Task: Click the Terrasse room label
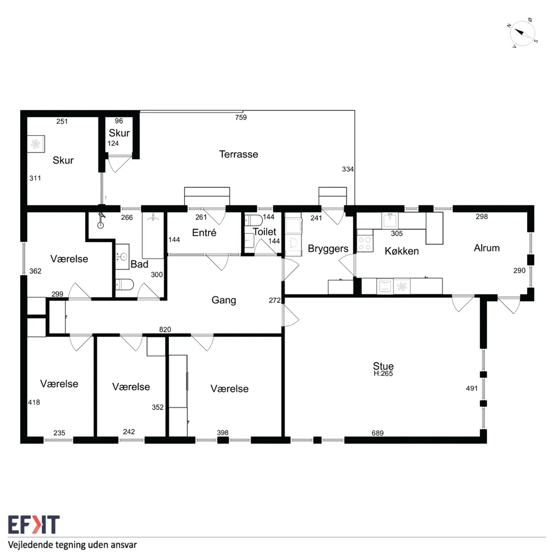239,154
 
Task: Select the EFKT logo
34,525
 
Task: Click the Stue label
383,365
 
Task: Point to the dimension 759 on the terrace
241,117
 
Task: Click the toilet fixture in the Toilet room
254,220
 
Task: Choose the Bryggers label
328,249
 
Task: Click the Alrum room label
486,248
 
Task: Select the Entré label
204,232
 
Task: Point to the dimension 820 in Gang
165,330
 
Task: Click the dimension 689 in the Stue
378,433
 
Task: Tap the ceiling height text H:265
383,374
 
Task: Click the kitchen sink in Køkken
390,220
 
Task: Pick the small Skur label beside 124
119,133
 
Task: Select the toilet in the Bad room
124,285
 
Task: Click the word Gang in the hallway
224,300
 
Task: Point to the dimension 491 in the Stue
472,388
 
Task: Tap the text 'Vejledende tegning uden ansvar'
72,545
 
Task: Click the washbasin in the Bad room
122,256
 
